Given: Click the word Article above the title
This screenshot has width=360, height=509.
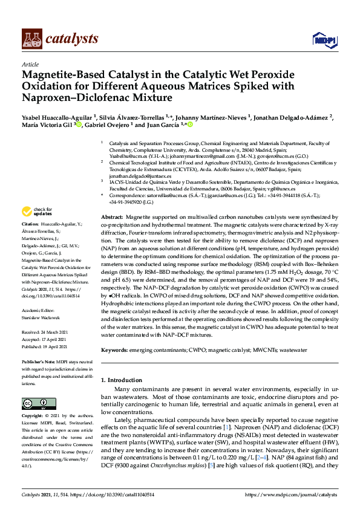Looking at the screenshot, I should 30,64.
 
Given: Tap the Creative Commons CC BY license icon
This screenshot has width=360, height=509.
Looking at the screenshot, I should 34,403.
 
